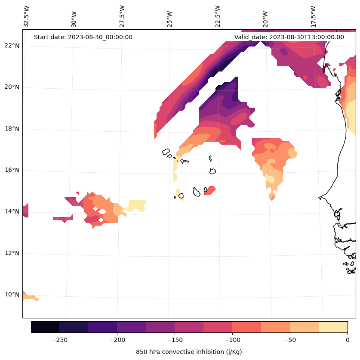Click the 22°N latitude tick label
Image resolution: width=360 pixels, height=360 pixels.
12,46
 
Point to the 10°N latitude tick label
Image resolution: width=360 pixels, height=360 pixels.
12,295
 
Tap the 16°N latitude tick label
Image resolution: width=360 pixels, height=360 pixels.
12,170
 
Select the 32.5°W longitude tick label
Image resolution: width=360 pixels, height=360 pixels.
26,16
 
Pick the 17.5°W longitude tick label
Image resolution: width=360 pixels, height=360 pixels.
314,16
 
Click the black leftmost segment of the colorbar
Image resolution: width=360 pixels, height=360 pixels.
45,327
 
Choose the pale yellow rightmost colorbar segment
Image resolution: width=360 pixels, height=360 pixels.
333,327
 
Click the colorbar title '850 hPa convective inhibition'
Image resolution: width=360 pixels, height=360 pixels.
189,352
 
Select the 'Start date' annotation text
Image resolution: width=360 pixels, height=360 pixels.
83,37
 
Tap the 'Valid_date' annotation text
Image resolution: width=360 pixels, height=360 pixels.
289,37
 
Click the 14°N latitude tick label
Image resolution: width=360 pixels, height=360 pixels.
12,211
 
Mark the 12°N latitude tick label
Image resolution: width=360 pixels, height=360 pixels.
12,253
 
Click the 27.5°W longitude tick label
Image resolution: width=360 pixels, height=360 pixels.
122,16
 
